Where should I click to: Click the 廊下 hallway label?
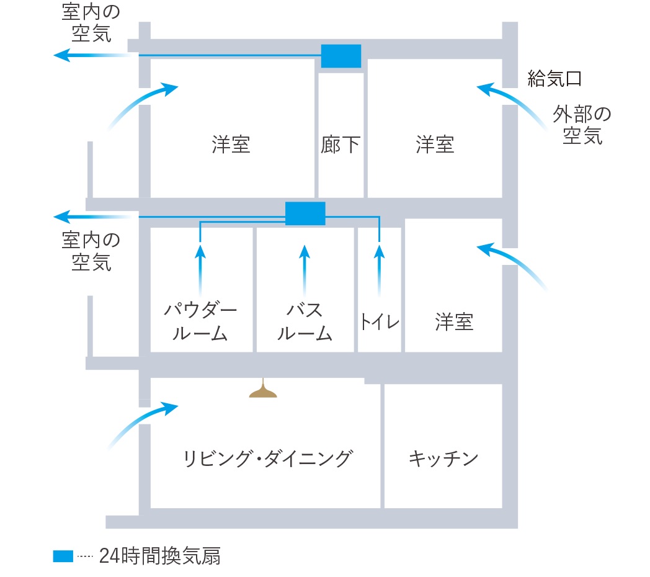[x=340, y=145]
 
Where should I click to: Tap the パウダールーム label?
[x=200, y=321]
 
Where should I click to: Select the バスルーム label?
[x=305, y=321]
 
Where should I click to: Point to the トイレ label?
[x=380, y=322]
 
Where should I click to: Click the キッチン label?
[x=443, y=458]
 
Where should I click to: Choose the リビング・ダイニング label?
[x=268, y=458]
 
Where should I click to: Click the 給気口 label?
[x=554, y=78]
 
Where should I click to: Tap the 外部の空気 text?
[x=582, y=125]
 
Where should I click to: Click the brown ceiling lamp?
[x=263, y=390]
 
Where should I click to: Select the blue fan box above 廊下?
[x=341, y=56]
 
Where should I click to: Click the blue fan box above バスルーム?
[x=305, y=213]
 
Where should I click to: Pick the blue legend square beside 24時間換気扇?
[x=63, y=557]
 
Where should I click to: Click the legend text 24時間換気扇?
[x=160, y=556]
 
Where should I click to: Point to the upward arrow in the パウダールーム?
[x=200, y=270]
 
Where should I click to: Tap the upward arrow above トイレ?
[x=379, y=271]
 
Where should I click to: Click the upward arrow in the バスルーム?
[x=305, y=270]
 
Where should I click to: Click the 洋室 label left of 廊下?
[x=231, y=145]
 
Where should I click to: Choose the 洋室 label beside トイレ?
[x=454, y=322]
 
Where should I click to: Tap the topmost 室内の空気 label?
[x=91, y=23]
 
